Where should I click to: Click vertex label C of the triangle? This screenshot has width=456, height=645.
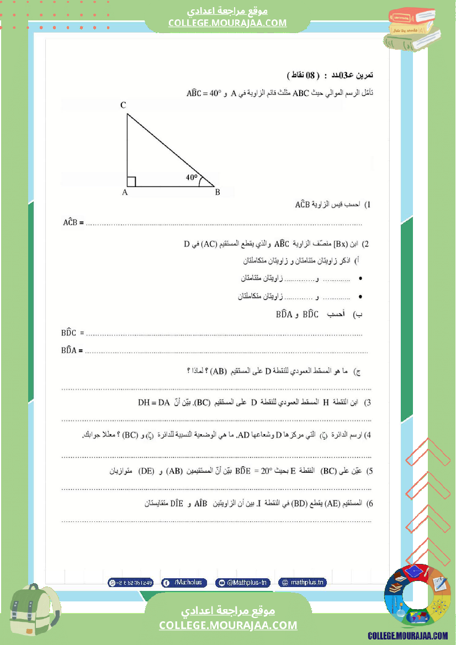tap(124, 105)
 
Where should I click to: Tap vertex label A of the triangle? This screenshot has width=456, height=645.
tap(125, 193)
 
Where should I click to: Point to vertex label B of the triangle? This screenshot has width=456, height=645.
tap(218, 193)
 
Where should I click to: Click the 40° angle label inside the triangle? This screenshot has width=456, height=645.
tap(192, 178)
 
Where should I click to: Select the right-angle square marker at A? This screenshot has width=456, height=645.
tap(131, 182)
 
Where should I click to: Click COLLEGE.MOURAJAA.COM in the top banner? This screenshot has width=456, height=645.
tap(227, 23)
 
